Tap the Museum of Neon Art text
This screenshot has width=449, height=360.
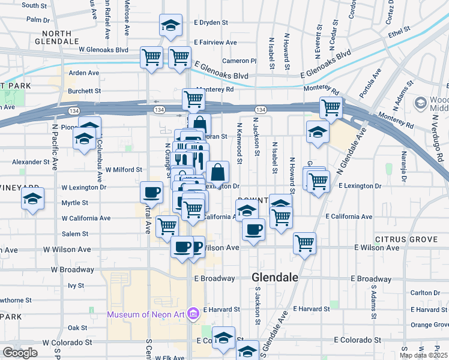click(x=146, y=314)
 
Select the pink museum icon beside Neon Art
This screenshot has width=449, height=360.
click(x=193, y=313)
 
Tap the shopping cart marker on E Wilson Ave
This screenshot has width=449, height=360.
click(x=305, y=243)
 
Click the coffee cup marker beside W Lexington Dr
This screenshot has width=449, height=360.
click(x=151, y=193)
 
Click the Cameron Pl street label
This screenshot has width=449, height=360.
click(x=239, y=61)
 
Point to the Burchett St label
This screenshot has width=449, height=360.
click(x=84, y=91)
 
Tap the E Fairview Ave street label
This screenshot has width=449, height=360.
click(x=215, y=43)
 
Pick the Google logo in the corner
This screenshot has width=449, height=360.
click(x=20, y=353)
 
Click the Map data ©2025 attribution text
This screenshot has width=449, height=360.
click(x=423, y=355)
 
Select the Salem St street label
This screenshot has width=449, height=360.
click(x=76, y=234)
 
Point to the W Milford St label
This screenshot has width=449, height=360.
click(x=124, y=170)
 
